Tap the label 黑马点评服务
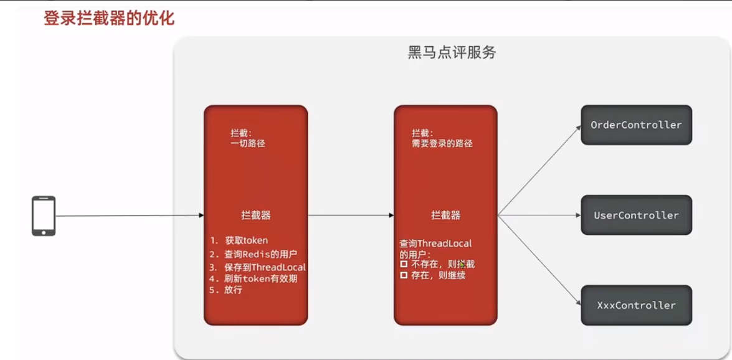tap(452, 52)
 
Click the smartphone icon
tap(44, 216)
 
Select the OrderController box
tap(636, 125)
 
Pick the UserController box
tap(636, 216)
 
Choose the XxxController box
tap(636, 305)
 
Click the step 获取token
tap(246, 240)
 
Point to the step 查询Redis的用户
tap(260, 254)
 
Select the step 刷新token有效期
tap(260, 278)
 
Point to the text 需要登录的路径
tap(436, 143)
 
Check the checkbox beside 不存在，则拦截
tap(404, 265)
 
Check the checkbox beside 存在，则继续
tap(404, 275)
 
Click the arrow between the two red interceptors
tap(351, 216)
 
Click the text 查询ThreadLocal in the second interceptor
tap(435, 244)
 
